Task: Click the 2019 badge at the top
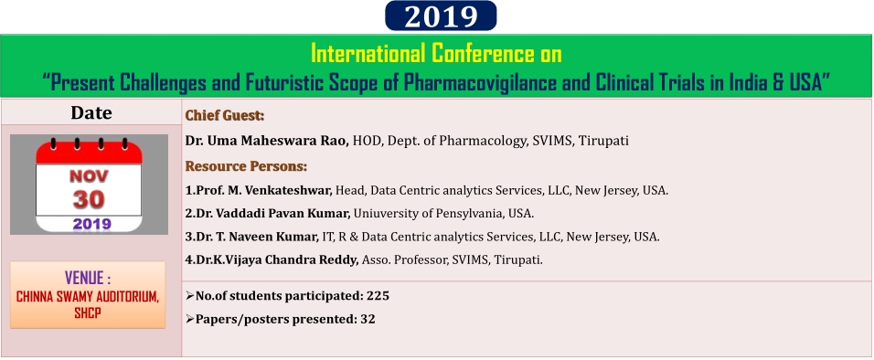pos(441,16)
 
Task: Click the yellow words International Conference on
pos(436,54)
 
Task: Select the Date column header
pos(91,113)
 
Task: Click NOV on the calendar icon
pos(90,176)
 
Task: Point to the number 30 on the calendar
pos(90,199)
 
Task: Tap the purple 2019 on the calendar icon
pos(92,225)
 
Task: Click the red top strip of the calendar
pos(90,153)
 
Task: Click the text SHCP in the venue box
pos(88,313)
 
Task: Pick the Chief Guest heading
pos(225,116)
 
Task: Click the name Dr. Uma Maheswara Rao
pos(267,141)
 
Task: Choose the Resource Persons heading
pos(246,166)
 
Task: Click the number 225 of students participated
pos(378,296)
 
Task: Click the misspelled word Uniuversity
pos(382,214)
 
